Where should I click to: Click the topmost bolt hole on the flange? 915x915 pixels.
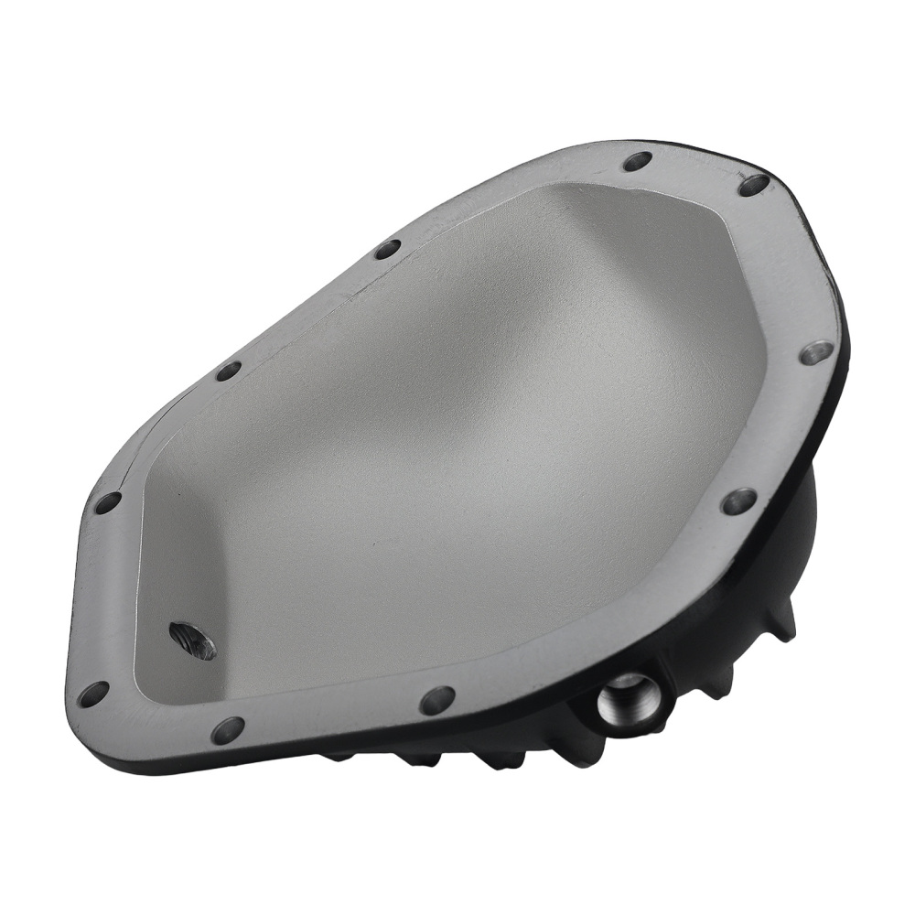pos(637,162)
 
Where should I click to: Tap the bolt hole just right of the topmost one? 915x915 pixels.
pos(753,185)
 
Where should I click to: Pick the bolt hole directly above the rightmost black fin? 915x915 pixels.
pos(738,501)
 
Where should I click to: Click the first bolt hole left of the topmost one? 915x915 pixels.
pos(388,249)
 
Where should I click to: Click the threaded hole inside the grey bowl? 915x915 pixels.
pos(192,640)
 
